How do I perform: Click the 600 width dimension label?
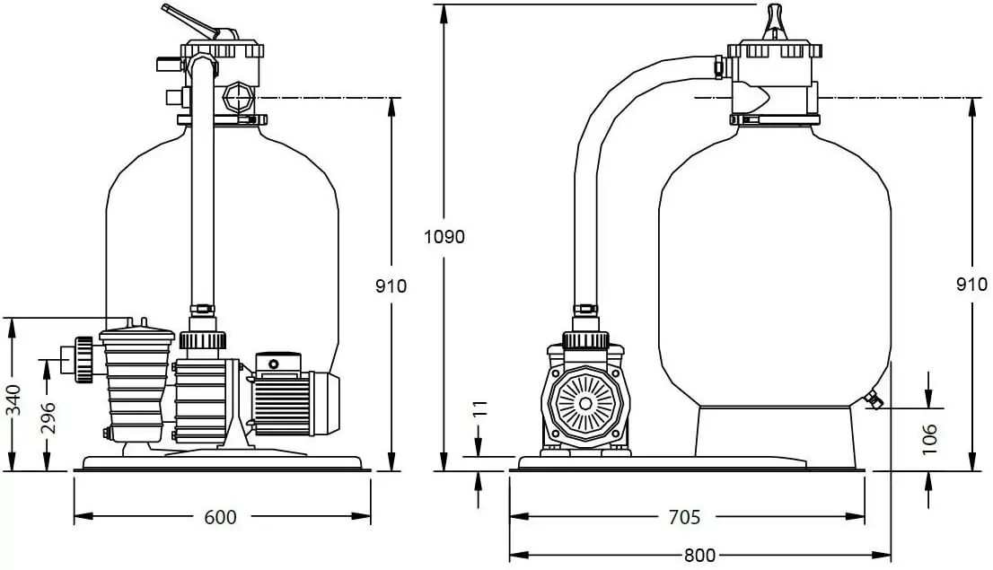[221, 517]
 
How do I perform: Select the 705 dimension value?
[685, 517]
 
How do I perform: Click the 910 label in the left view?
[391, 285]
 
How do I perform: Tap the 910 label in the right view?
[971, 285]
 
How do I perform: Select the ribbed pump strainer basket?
[136, 386]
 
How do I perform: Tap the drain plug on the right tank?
[871, 400]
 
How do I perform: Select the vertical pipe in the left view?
[203, 189]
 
